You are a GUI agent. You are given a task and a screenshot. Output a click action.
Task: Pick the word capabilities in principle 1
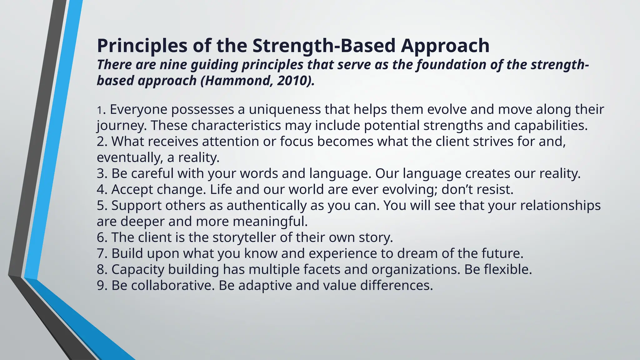pos(550,125)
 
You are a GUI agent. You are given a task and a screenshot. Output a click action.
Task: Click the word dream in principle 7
pos(417,253)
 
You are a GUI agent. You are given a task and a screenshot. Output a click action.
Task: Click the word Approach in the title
pos(445,46)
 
